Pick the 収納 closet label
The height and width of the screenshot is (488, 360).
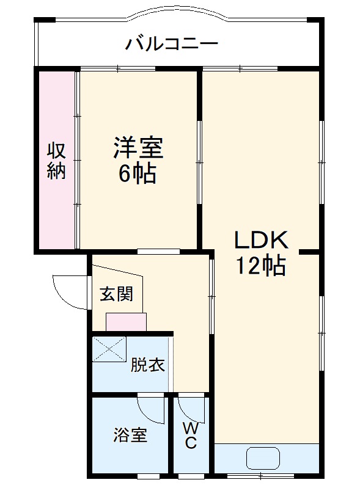57,160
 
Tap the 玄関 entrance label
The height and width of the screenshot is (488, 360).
116,294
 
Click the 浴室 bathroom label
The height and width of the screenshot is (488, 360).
130,435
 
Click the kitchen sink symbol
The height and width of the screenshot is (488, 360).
263,458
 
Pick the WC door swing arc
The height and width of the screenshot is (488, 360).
190,407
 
